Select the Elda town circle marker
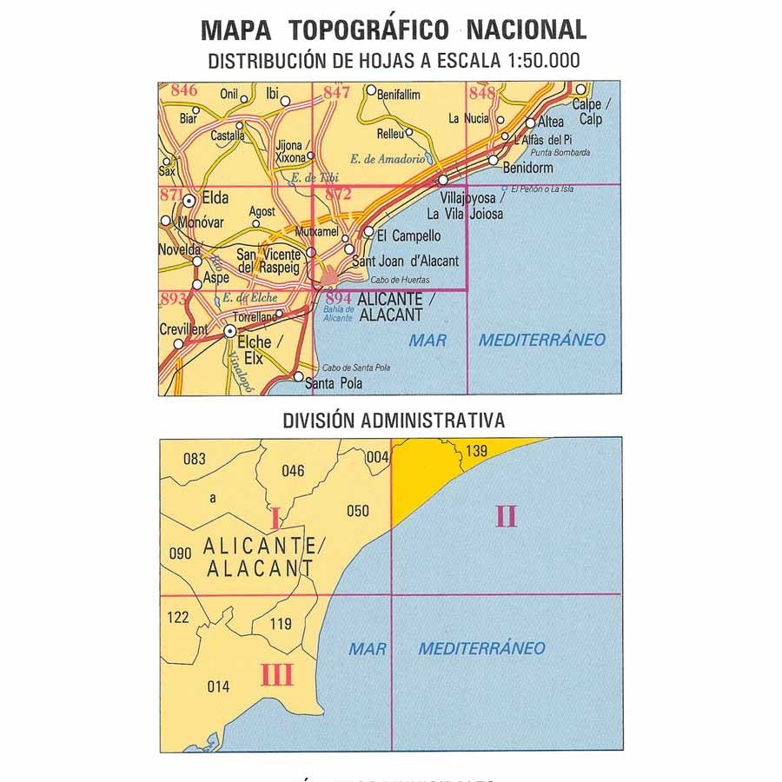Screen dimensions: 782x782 point(189,200)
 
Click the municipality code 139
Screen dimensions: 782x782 point(476,451)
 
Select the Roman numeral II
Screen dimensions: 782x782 point(506,517)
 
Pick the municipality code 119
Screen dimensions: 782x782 point(281,624)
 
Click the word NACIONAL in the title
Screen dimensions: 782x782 point(526,30)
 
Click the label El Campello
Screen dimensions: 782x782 point(409,235)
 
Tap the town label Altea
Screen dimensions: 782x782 point(551,123)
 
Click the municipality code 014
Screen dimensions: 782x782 point(219,686)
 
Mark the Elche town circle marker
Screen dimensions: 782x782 point(229,331)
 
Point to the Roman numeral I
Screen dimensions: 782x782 point(275,521)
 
